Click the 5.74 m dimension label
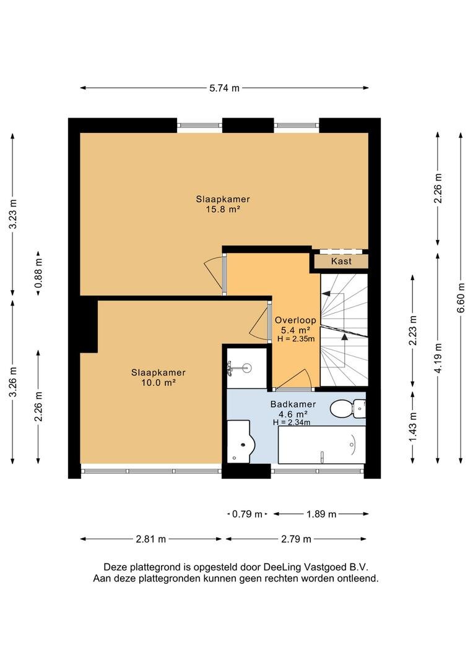pyautogui.click(x=224, y=88)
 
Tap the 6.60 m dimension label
pyautogui.click(x=461, y=298)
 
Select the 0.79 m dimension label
pyautogui.click(x=247, y=514)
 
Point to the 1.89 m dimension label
pyautogui.click(x=321, y=514)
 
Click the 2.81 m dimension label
pyautogui.click(x=150, y=539)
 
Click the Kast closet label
pyautogui.click(x=341, y=261)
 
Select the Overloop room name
pyautogui.click(x=295, y=320)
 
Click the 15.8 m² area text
pyautogui.click(x=223, y=209)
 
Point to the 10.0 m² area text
pyautogui.click(x=158, y=383)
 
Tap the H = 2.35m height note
pyautogui.click(x=295, y=339)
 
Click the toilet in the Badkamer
pyautogui.click(x=347, y=409)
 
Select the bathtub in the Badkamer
pyautogui.click(x=321, y=445)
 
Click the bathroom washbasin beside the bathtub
pyautogui.click(x=240, y=442)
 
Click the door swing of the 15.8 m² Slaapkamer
pyautogui.click(x=215, y=273)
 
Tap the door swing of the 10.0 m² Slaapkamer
pyautogui.click(x=259, y=321)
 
